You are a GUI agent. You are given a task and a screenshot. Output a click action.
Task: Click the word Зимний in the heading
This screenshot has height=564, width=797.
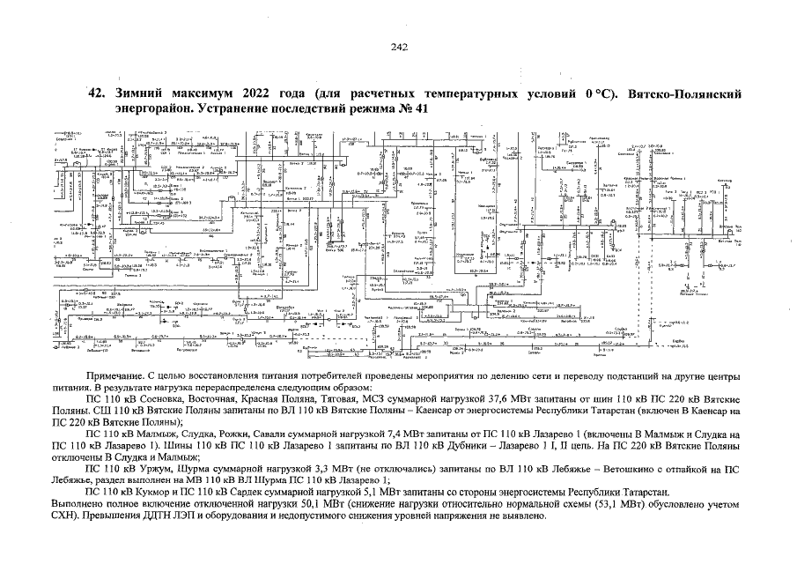[135, 93]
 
